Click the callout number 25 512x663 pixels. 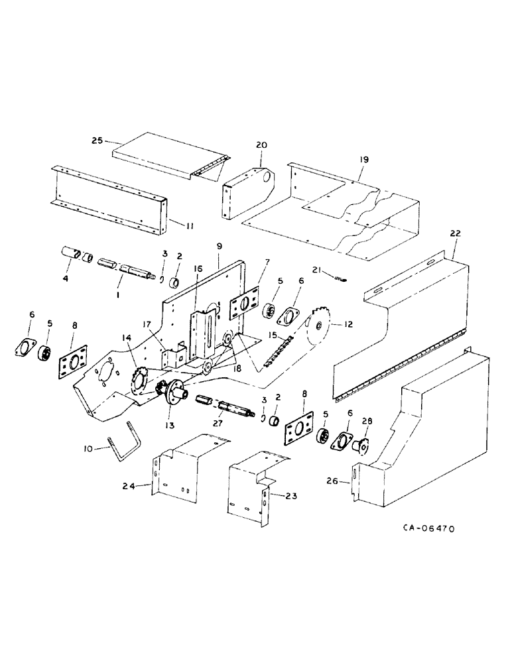coord(97,141)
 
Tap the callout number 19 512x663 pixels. coord(363,160)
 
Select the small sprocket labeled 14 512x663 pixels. coord(140,381)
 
